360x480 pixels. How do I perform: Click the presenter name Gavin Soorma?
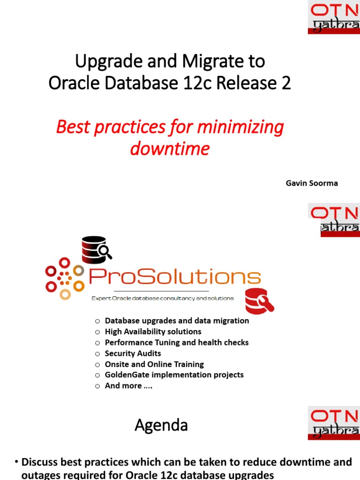click(x=312, y=183)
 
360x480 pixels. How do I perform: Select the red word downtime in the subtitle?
click(x=170, y=149)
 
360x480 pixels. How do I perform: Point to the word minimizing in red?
click(x=240, y=127)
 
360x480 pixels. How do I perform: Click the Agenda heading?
click(x=161, y=425)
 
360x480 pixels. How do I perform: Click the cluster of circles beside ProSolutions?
click(x=65, y=278)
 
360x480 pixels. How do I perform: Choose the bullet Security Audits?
click(x=133, y=353)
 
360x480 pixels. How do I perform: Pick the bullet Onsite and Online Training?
click(x=154, y=364)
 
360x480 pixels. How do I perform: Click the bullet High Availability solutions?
click(x=153, y=331)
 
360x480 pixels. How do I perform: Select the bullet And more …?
click(x=128, y=386)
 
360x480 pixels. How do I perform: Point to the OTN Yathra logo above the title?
click(x=333, y=17)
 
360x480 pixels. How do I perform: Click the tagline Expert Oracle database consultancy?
click(x=162, y=298)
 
